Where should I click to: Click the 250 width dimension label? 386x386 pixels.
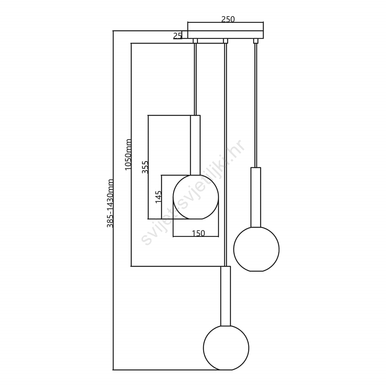click(x=228, y=19)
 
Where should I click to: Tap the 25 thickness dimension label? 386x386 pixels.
click(x=177, y=36)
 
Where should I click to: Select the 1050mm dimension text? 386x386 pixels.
click(x=128, y=155)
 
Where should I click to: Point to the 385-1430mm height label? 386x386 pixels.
click(x=110, y=203)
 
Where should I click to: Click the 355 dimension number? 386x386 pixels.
click(x=145, y=167)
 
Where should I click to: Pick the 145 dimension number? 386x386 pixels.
click(x=159, y=197)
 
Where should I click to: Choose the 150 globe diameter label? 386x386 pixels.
click(x=198, y=233)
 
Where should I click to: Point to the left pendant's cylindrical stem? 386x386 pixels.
click(x=196, y=145)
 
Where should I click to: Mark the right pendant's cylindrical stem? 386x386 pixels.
click(x=256, y=197)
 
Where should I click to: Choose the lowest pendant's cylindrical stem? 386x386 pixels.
click(x=226, y=296)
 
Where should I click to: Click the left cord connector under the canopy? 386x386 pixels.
click(x=195, y=41)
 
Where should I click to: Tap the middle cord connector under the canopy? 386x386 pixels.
click(x=225, y=41)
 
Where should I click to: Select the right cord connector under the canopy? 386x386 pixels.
click(x=256, y=41)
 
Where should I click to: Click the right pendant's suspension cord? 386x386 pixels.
click(x=256, y=105)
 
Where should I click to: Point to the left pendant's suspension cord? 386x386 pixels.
click(x=196, y=79)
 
